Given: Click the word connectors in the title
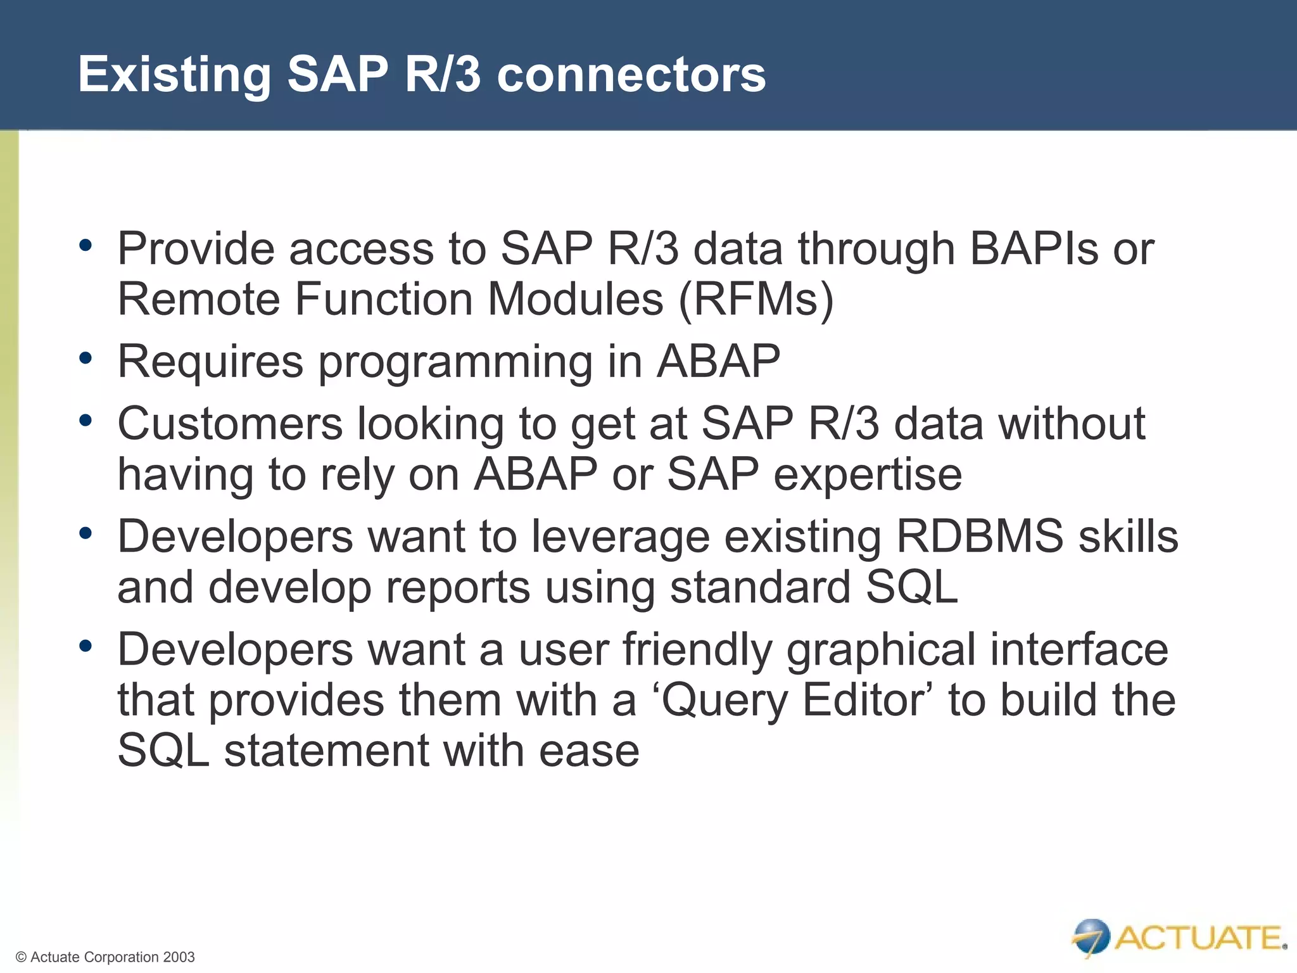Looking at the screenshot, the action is click(631, 75).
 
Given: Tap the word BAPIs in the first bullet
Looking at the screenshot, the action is click(1034, 248).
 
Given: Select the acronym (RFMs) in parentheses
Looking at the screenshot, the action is click(756, 299).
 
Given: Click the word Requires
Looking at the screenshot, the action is click(210, 362).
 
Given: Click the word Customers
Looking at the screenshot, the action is click(230, 424).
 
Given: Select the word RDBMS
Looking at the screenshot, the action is click(980, 536).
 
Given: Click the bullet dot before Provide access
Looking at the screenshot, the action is click(85, 245).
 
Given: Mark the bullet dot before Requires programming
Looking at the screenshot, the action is click(85, 359).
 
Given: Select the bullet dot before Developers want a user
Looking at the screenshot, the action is click(85, 647).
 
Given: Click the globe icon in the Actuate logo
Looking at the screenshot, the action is click(1091, 936).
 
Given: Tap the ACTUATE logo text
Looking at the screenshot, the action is click(1199, 938).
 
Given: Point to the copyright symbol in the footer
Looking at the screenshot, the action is click(21, 957).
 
